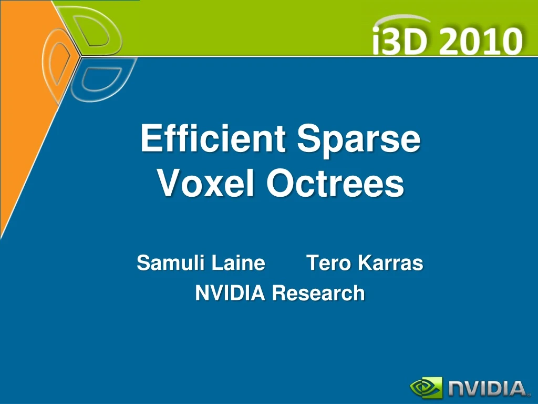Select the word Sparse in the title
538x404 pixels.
pos(359,140)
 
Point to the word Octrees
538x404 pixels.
pos(335,184)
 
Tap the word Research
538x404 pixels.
pos(318,293)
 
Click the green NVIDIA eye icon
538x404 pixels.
pos(426,388)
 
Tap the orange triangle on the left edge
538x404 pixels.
pos(21,132)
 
